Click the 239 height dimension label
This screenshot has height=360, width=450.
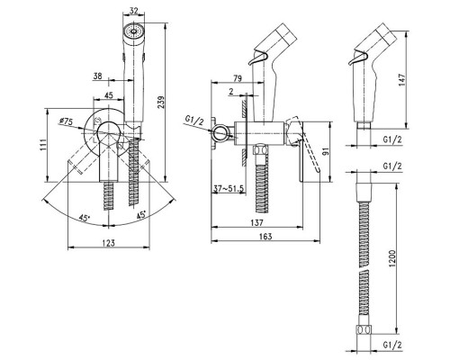pyautogui.click(x=161, y=104)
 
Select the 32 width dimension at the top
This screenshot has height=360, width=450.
pyautogui.click(x=134, y=11)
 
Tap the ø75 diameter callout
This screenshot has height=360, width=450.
pyautogui.click(x=66, y=121)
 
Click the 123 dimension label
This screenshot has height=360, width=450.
pyautogui.click(x=108, y=242)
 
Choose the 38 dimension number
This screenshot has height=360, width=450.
pyautogui.click(x=97, y=76)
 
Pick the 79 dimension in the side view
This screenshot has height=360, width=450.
pyautogui.click(x=237, y=78)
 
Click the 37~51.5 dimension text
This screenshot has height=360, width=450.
pyautogui.click(x=229, y=189)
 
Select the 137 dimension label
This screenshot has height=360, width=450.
pyautogui.click(x=256, y=222)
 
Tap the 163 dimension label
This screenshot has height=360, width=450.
pyautogui.click(x=265, y=236)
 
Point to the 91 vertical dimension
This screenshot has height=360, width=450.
pyautogui.click(x=327, y=151)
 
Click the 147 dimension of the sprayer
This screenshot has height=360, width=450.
pyautogui.click(x=402, y=79)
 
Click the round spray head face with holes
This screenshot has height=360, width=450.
pyautogui.click(x=133, y=31)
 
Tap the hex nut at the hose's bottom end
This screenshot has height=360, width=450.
pyautogui.click(x=364, y=329)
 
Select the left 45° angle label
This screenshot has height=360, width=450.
pyautogui.click(x=85, y=217)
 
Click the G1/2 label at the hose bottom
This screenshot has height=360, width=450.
pyautogui.click(x=392, y=345)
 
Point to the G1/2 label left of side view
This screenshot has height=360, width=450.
pyautogui.click(x=194, y=121)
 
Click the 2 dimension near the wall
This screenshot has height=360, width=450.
pyautogui.click(x=231, y=91)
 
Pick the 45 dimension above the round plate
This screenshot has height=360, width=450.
pyautogui.click(x=108, y=95)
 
